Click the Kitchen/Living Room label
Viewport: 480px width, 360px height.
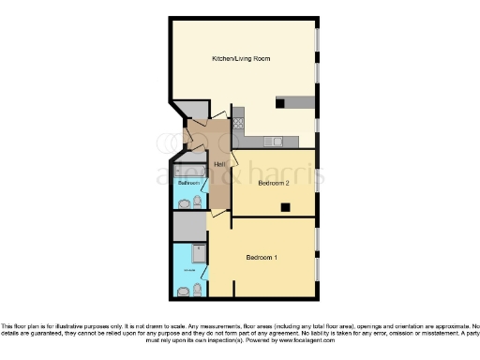(x=242, y=59)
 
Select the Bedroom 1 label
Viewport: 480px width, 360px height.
(x=262, y=256)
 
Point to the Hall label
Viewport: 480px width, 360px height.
(x=219, y=165)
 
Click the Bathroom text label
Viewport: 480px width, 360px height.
(x=187, y=182)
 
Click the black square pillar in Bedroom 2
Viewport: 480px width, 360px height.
(x=286, y=206)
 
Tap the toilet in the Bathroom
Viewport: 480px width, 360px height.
(x=198, y=202)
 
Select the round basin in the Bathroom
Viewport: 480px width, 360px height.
(x=185, y=202)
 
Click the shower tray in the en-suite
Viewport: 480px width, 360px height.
(x=198, y=251)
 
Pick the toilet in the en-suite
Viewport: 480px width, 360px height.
(x=197, y=291)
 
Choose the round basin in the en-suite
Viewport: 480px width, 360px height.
(x=184, y=291)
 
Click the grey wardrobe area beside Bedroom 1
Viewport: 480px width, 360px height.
(x=188, y=225)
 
